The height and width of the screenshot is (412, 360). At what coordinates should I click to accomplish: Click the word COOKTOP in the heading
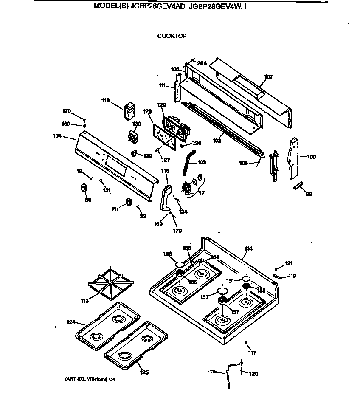(172, 36)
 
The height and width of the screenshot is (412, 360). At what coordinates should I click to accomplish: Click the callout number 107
(268, 77)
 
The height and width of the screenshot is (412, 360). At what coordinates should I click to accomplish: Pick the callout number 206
(202, 63)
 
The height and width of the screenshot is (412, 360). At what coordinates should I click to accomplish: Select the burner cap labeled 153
(221, 291)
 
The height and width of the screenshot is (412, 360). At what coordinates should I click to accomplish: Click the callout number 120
(253, 374)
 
